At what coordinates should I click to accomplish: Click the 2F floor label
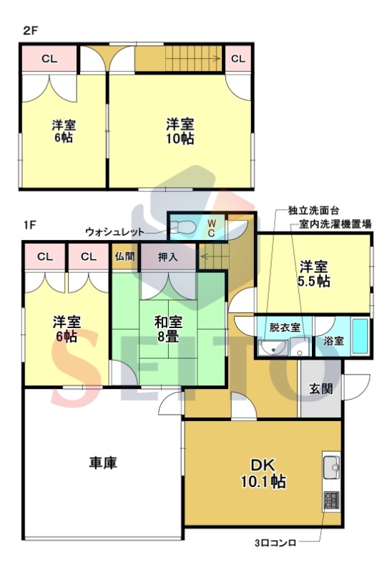pyautogui.click(x=30, y=31)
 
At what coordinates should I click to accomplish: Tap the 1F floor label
pyautogui.click(x=30, y=225)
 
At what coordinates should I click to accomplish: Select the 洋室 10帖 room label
pyautogui.click(x=180, y=131)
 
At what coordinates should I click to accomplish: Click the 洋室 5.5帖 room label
pyautogui.click(x=314, y=274)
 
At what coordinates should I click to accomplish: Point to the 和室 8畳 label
pyautogui.click(x=168, y=329)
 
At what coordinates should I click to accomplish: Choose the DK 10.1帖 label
pyautogui.click(x=263, y=473)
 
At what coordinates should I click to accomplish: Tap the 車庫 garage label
pyautogui.click(x=103, y=463)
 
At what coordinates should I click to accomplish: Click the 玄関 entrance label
pyautogui.click(x=321, y=389)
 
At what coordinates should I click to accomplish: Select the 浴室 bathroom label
pyautogui.click(x=333, y=341)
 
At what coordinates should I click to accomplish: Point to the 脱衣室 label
pyautogui.click(x=285, y=327)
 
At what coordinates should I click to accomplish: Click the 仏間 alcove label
pyautogui.click(x=125, y=256)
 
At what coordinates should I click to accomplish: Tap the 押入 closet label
pyautogui.click(x=168, y=257)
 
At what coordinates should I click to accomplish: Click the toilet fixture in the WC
pyautogui.click(x=182, y=228)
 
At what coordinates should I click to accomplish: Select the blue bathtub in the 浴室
pyautogui.click(x=361, y=336)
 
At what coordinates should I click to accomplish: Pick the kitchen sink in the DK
pyautogui.click(x=332, y=466)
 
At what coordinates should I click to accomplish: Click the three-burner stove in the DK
pyautogui.click(x=331, y=500)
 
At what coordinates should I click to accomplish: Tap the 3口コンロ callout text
pyautogui.click(x=275, y=543)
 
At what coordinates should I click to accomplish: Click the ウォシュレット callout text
pyautogui.click(x=114, y=231)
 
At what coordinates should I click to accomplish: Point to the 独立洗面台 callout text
pyautogui.click(x=313, y=211)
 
